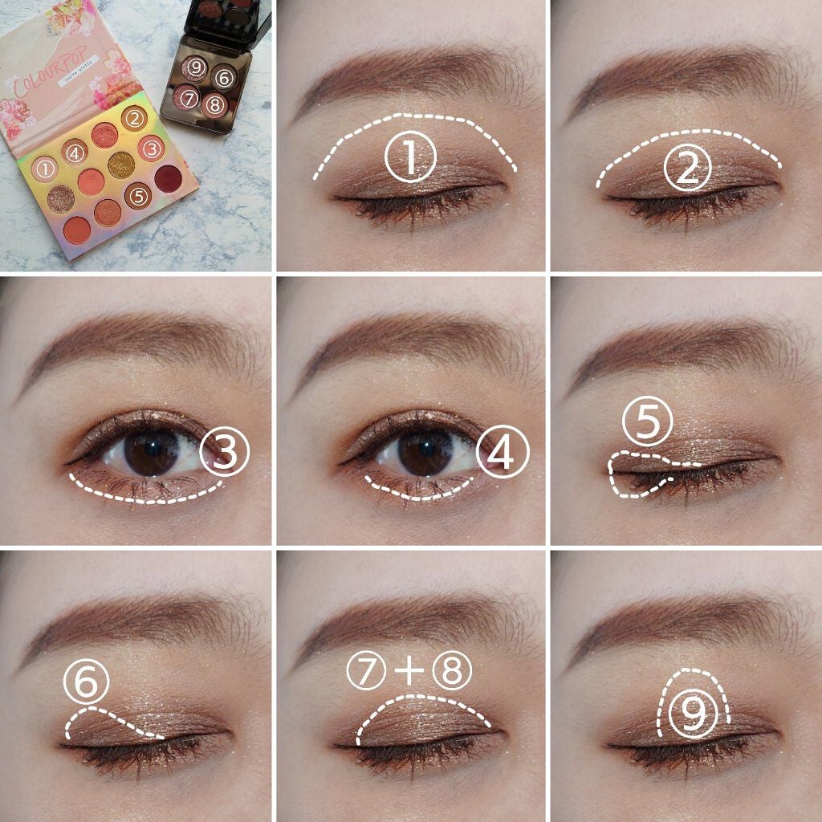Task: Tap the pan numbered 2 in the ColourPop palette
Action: [x=134, y=120]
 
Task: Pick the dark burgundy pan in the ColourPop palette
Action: [x=168, y=178]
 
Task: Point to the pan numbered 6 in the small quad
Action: [x=224, y=79]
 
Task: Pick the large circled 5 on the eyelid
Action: [x=648, y=421]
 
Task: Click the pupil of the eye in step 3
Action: [x=151, y=454]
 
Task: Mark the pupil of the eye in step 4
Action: [x=425, y=454]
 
